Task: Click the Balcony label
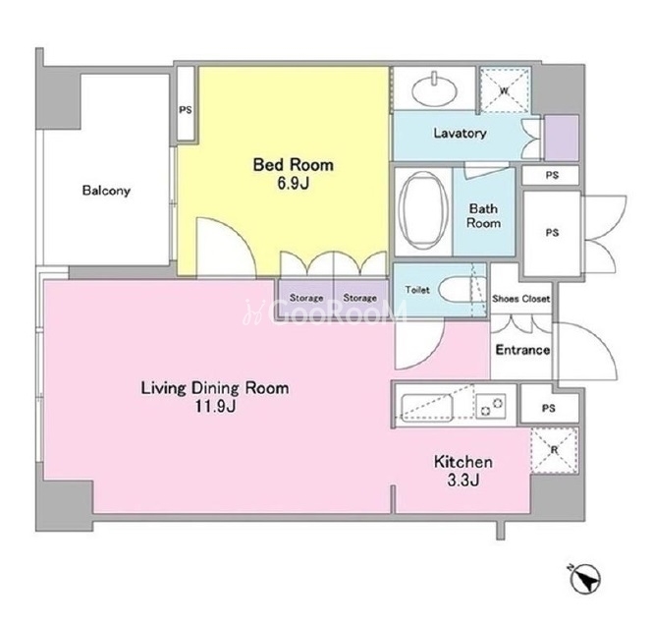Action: tap(106, 191)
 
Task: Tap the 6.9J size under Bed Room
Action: tap(294, 183)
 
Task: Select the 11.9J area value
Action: tap(216, 406)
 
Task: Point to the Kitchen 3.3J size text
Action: tap(463, 480)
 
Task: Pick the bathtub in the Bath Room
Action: tap(423, 210)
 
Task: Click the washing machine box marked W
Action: tap(505, 90)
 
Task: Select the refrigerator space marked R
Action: tap(554, 450)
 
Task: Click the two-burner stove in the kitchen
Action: tap(491, 405)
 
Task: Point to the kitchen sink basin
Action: tap(427, 406)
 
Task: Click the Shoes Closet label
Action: tap(521, 299)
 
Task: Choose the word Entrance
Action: tap(522, 350)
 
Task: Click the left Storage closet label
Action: tap(306, 298)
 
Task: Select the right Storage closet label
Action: tap(359, 298)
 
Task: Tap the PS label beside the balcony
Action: tap(186, 110)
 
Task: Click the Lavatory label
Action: tap(460, 133)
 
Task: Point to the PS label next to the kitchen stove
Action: tap(549, 409)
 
